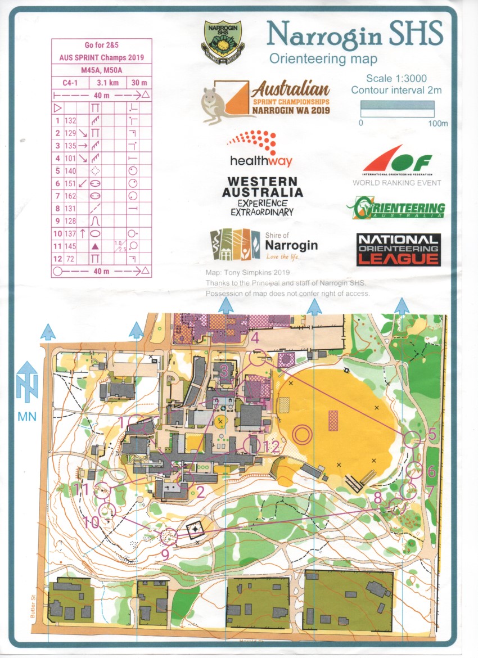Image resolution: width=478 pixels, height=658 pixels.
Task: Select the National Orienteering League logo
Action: coord(398,249)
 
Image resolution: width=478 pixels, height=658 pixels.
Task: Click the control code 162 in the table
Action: coord(70,196)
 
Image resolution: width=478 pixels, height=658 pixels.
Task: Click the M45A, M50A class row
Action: coord(102,70)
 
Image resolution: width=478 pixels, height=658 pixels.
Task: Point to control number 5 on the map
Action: coord(432,434)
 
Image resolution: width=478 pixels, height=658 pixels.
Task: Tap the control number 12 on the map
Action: coord(271,447)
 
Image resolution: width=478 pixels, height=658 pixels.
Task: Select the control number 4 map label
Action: coord(255,338)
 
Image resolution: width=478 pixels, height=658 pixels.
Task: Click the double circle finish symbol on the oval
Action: coord(303,434)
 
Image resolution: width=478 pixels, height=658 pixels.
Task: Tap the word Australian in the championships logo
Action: coord(290,89)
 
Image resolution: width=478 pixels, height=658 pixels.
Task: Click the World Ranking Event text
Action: coord(396,183)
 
